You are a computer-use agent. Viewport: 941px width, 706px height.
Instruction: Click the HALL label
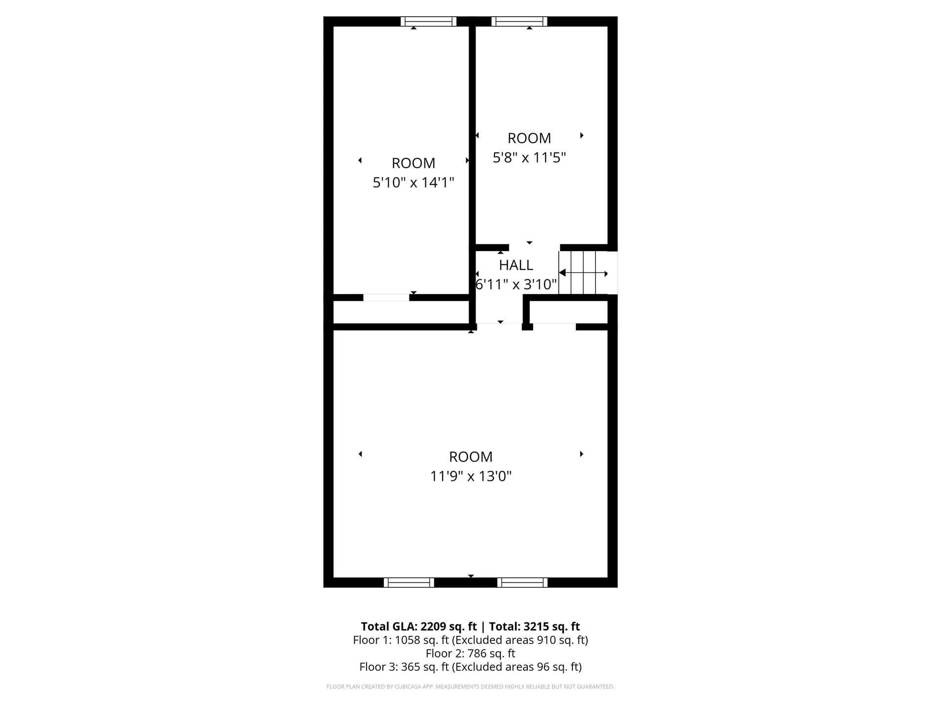click(516, 265)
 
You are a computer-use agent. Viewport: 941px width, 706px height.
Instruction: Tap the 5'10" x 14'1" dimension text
click(413, 183)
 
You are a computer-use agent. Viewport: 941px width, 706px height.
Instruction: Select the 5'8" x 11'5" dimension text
click(529, 158)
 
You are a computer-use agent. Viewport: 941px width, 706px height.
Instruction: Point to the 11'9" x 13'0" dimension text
click(470, 477)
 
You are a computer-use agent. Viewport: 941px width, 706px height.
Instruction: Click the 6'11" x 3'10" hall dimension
click(516, 284)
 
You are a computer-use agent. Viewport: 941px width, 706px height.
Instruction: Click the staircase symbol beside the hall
click(583, 273)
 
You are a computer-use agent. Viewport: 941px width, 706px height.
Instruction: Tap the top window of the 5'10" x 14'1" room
click(428, 22)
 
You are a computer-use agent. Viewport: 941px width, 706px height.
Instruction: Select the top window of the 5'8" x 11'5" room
click(519, 22)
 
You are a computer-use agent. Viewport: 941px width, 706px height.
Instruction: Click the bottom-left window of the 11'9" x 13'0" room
click(409, 582)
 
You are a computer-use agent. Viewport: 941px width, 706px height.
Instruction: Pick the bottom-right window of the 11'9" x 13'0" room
click(522, 582)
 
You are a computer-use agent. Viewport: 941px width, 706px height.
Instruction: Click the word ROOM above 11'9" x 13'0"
click(470, 457)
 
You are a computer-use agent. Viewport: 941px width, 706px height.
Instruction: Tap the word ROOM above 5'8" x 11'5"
click(529, 138)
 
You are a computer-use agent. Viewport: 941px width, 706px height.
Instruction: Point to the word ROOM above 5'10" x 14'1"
click(413, 163)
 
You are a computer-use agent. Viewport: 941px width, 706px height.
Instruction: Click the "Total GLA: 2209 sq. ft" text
click(419, 627)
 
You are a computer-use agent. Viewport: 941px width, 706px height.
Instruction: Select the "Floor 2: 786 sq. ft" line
click(470, 654)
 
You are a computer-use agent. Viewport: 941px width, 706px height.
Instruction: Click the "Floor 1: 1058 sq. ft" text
click(400, 640)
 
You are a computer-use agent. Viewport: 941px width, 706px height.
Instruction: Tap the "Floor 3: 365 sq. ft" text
click(404, 667)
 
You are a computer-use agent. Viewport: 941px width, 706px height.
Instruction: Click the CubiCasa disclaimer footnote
click(470, 687)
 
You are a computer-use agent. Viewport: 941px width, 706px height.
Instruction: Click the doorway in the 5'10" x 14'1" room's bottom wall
click(386, 298)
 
